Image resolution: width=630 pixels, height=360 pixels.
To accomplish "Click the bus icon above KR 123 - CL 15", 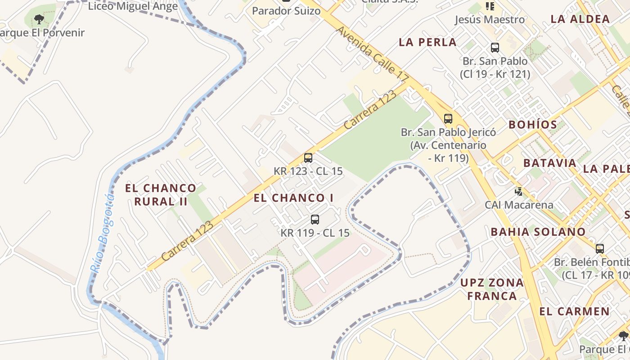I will point(308,158).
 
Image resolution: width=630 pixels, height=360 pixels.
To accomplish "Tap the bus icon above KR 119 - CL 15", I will point(315,220).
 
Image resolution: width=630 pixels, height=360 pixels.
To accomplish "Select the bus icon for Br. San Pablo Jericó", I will point(448,119).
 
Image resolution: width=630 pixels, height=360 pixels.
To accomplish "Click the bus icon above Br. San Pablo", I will point(495,48).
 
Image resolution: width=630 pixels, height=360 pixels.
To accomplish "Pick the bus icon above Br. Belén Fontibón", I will point(600,249).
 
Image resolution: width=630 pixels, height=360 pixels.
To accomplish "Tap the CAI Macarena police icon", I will point(519,192).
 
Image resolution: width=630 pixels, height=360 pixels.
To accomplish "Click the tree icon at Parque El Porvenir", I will point(39,19).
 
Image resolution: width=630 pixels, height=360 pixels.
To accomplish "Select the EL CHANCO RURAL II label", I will point(161,194).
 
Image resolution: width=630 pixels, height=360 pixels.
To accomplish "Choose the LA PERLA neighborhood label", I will point(427,42).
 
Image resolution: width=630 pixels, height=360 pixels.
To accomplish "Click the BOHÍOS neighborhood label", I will point(533,125).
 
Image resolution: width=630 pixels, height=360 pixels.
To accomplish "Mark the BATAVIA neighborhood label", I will point(550,163).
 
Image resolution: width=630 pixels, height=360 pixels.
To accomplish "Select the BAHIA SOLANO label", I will point(538,232).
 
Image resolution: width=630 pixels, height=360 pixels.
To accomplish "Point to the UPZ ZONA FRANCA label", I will point(492,289).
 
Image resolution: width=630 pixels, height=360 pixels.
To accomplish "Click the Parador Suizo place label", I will point(286,11).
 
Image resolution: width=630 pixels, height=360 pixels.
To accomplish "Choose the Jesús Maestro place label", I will point(490,20).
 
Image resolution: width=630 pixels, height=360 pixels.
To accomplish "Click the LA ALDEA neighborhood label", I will point(580,19).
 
